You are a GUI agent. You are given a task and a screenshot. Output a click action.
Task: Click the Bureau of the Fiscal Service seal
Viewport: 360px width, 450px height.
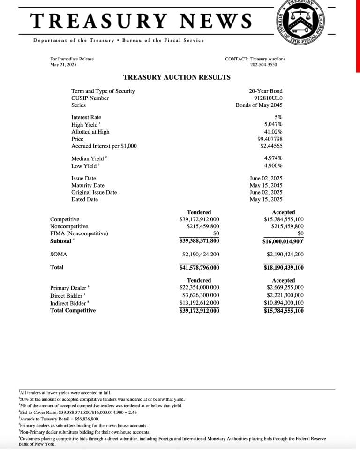[301, 22]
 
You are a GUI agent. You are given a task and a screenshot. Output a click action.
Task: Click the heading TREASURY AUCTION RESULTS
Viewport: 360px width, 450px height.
[176, 77]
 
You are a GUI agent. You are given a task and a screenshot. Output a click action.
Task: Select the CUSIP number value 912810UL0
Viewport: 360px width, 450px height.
[268, 98]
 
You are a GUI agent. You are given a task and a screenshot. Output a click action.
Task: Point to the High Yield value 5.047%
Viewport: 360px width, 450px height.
[273, 124]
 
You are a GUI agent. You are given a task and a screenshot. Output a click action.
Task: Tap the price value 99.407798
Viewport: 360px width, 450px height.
[270, 139]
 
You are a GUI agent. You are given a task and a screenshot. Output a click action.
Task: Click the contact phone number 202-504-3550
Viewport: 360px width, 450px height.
[263, 64]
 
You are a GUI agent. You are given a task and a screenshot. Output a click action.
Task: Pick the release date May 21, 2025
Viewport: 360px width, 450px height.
[63, 64]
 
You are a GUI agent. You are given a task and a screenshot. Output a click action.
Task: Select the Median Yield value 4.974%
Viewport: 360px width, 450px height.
[273, 158]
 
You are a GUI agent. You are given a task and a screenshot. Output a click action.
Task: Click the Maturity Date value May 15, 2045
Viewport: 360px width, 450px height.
[266, 185]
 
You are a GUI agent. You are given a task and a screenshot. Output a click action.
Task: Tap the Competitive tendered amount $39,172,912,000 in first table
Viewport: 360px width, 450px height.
[199, 219]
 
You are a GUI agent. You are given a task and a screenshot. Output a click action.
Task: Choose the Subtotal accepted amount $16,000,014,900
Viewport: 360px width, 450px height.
[283, 241]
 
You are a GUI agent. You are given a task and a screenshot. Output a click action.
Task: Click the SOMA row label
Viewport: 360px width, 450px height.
[59, 255]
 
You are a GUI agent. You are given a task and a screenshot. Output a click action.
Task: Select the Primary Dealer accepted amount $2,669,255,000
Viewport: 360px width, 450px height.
[285, 287]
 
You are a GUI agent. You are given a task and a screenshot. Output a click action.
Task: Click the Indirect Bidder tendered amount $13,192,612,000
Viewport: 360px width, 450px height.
[199, 303]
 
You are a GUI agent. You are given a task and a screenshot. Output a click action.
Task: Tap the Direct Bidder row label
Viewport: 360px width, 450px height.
[67, 296]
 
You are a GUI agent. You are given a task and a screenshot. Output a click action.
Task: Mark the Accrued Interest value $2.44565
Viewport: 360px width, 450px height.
[271, 146]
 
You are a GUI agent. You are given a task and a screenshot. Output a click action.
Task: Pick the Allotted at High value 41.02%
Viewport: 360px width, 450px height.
[273, 132]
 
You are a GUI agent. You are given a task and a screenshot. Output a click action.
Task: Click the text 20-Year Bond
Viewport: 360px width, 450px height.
[266, 91]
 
